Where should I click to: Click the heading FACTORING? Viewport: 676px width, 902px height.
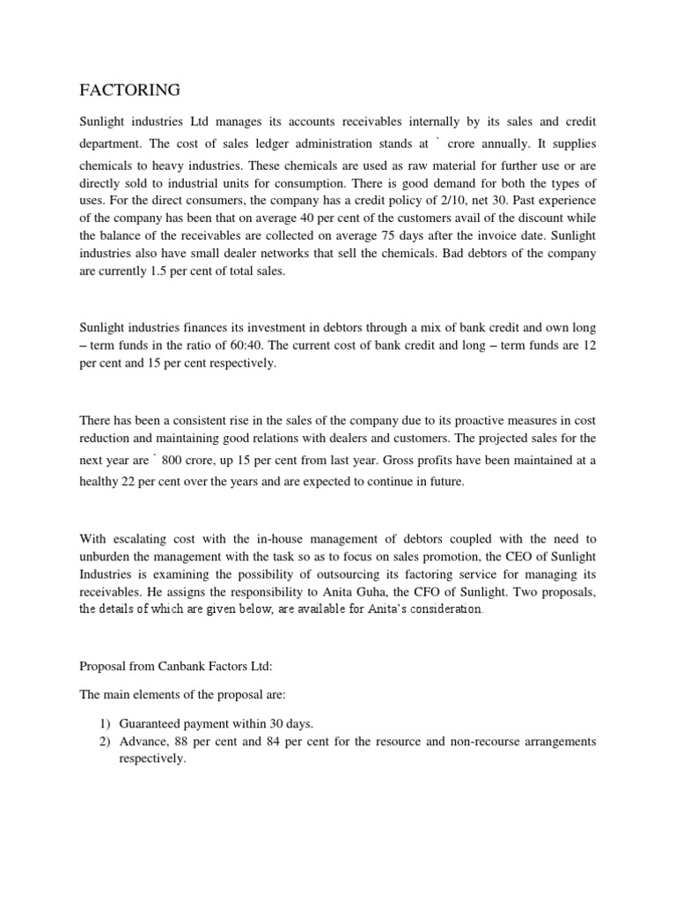pyautogui.click(x=130, y=90)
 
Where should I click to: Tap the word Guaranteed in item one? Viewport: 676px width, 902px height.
pyautogui.click(x=152, y=723)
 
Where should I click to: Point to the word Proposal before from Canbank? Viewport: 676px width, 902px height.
pyautogui.click(x=103, y=666)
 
